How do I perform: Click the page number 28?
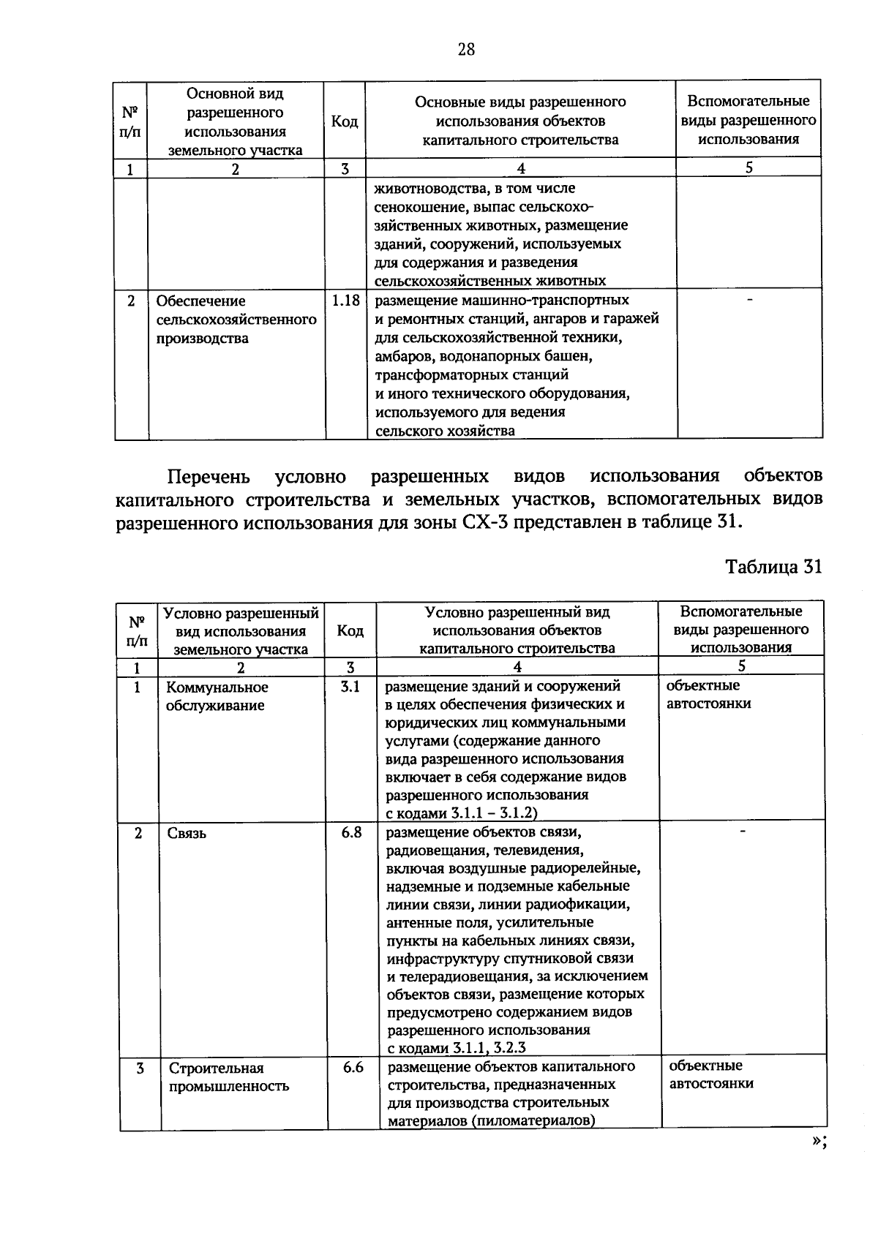tap(466, 49)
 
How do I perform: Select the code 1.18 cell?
tap(345, 300)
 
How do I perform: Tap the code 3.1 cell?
tap(350, 687)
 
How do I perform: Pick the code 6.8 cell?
tap(351, 832)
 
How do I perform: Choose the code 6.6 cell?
tap(353, 1067)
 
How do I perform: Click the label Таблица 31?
tap(774, 568)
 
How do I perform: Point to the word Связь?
tap(187, 833)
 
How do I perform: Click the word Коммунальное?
tap(217, 687)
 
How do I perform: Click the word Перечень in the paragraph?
tap(209, 477)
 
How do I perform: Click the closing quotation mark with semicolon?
tap(818, 1144)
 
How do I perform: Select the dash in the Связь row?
tap(743, 831)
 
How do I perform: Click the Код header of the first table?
tap(345, 121)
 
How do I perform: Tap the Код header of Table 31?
tap(350, 630)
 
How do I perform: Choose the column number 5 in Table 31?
tap(741, 665)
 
